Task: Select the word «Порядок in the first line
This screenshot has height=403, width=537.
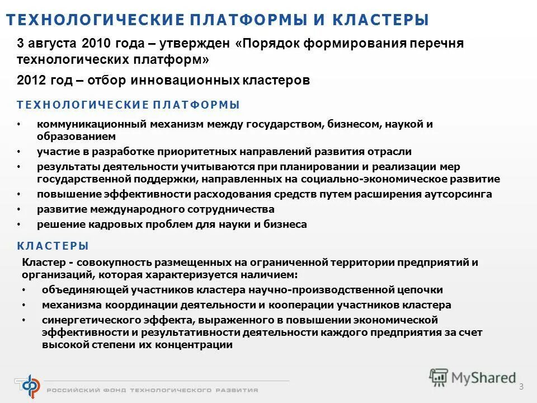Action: pos(262,44)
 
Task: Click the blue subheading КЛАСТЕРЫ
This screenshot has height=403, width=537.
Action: pos(53,246)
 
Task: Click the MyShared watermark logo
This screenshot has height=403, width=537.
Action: pos(473,377)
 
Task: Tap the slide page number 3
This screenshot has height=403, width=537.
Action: pos(521,387)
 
